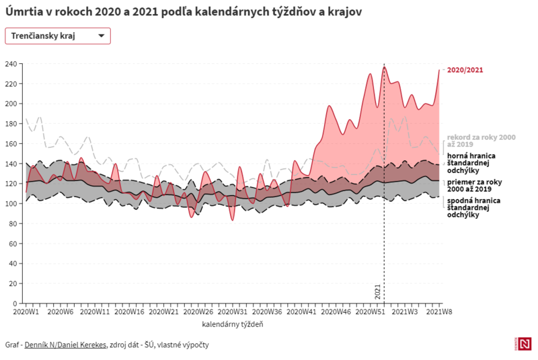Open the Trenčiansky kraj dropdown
click(57, 36)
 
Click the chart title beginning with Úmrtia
click(178, 12)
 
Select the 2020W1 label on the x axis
click(26, 312)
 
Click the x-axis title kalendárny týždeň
click(232, 324)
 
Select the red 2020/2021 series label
click(465, 70)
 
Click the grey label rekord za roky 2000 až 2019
click(481, 141)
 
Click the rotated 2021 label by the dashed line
click(378, 292)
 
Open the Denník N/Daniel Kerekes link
click(65, 345)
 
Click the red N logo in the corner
click(525, 343)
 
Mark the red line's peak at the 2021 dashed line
click(385, 67)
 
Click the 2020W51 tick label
click(371, 312)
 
